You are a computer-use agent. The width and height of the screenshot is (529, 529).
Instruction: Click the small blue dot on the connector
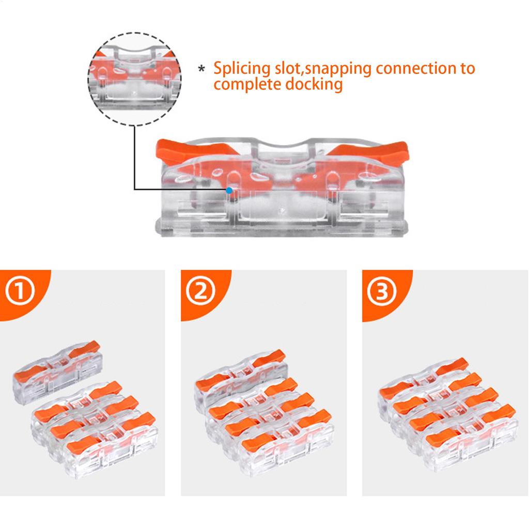(x=228, y=190)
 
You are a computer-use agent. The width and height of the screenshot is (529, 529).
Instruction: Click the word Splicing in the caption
(x=241, y=69)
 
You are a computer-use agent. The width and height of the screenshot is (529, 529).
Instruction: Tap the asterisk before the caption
(x=203, y=69)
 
